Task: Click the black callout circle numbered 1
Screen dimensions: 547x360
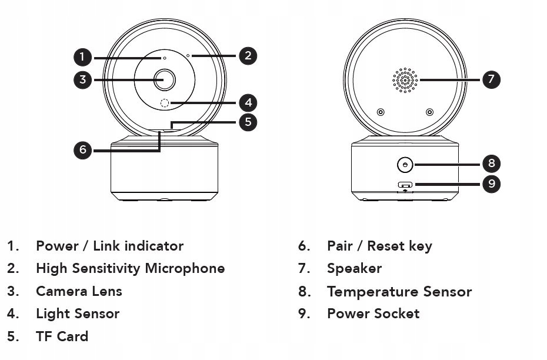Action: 82,57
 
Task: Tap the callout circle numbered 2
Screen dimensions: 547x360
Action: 248,56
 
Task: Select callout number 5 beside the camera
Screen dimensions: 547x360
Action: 248,122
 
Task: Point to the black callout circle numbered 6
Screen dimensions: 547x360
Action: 82,150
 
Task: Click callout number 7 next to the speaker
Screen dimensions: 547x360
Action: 491,79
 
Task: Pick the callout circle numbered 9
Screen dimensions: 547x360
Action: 491,184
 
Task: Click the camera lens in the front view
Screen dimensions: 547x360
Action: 165,80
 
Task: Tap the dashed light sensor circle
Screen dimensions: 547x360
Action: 165,103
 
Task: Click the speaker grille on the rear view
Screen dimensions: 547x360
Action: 405,80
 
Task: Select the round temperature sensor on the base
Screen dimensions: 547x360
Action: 405,165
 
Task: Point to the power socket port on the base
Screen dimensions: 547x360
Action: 405,185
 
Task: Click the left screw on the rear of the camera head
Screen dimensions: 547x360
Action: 381,112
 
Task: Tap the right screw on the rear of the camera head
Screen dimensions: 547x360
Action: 430,112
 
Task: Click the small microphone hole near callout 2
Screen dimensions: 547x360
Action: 188,55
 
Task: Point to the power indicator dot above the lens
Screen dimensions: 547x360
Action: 165,58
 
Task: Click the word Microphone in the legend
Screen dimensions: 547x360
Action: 185,269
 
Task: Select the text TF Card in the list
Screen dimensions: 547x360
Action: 62,336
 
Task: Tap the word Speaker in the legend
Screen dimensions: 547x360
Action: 355,269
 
